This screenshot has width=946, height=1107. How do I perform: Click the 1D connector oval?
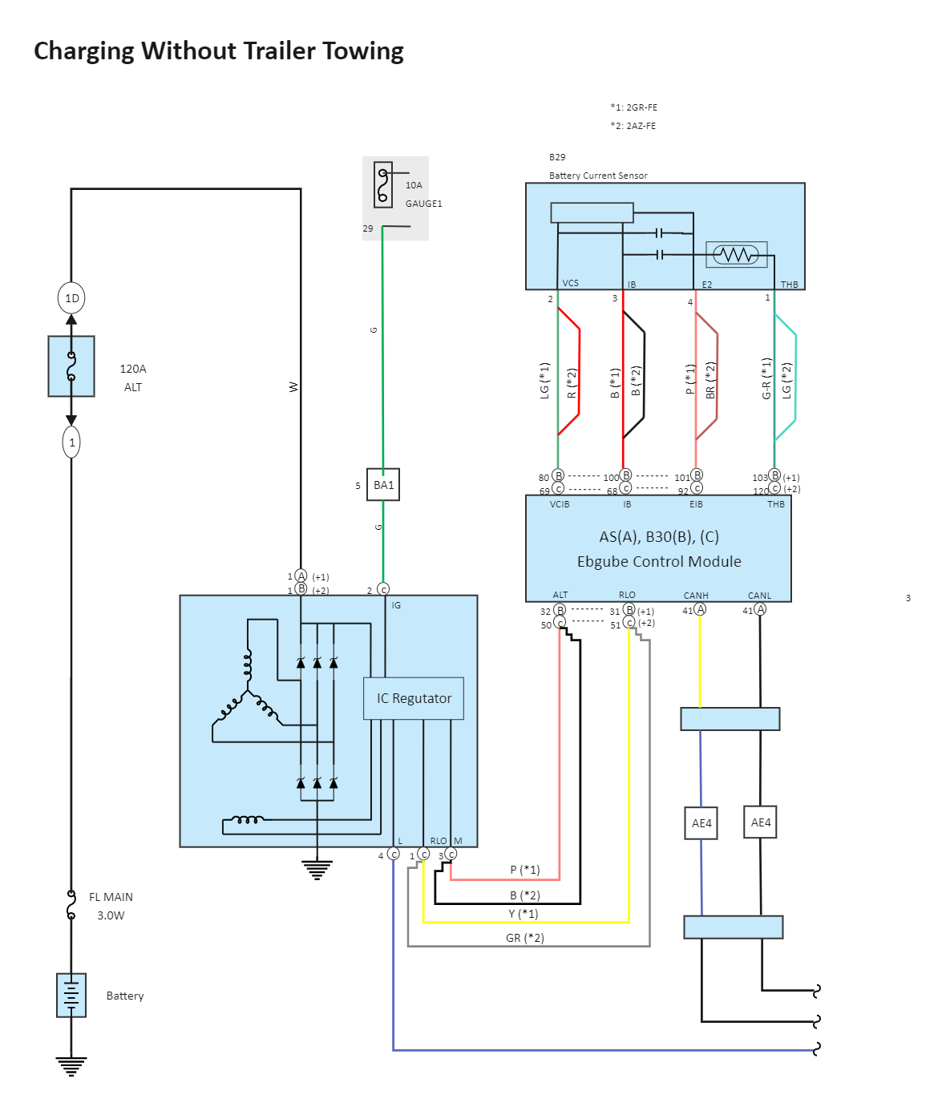tap(71, 298)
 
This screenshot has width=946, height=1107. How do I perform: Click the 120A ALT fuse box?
tap(71, 366)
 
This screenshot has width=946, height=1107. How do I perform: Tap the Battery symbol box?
tap(71, 995)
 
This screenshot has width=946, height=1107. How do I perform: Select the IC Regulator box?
tap(414, 698)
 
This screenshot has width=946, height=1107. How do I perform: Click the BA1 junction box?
tap(383, 485)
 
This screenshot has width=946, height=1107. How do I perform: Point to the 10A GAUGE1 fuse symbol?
tap(383, 184)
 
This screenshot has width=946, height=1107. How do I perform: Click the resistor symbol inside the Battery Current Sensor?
tap(736, 255)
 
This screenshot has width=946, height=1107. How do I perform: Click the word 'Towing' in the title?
tap(362, 51)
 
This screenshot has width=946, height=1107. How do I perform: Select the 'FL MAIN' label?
tap(111, 897)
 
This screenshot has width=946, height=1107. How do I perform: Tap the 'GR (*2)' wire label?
tap(525, 938)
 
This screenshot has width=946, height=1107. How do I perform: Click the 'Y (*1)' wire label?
tap(524, 914)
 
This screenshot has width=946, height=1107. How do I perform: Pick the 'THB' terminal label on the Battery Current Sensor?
tap(790, 285)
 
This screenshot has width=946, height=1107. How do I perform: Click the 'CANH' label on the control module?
tap(696, 596)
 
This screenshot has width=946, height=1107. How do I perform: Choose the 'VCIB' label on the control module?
tap(560, 504)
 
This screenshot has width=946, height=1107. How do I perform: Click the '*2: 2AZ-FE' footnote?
tap(633, 126)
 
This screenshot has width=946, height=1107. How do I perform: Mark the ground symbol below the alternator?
tap(317, 869)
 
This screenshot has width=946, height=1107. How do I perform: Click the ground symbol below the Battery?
tap(71, 1065)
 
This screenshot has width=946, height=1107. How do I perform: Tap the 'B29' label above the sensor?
tap(557, 157)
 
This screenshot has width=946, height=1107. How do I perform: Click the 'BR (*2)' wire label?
tap(709, 380)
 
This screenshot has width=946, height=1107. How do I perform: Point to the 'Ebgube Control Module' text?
tap(659, 562)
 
